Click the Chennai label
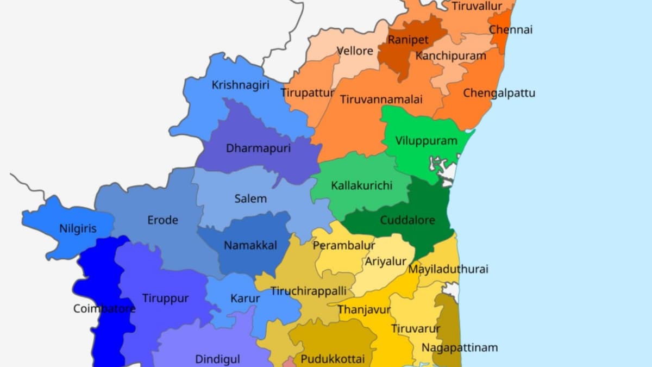(511, 29)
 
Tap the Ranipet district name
(408, 40)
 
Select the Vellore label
(355, 51)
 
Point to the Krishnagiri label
(240, 85)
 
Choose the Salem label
(250, 198)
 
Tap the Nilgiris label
(78, 228)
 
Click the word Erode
(162, 220)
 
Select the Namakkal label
(250, 245)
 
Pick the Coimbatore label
(104, 309)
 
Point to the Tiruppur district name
(165, 298)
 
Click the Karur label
(245, 298)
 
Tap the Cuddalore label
(407, 220)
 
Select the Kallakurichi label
(361, 186)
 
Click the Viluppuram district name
(427, 141)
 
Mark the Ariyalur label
(386, 262)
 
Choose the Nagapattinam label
(460, 347)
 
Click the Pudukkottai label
(329, 359)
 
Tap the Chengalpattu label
(499, 93)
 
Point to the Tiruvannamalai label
(381, 99)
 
